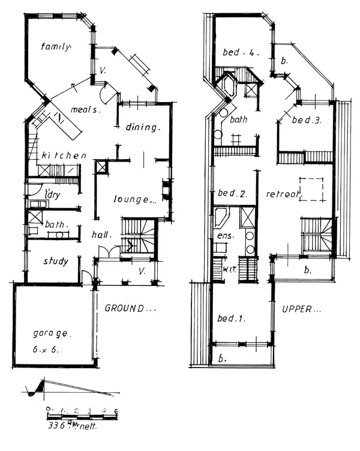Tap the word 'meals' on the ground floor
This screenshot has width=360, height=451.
(x=85, y=110)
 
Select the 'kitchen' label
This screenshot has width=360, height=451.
(x=64, y=156)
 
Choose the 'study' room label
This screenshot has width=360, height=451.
(x=55, y=262)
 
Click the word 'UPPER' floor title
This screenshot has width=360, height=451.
(x=300, y=310)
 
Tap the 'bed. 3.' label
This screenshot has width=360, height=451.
(x=307, y=121)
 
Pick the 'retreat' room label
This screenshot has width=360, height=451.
(x=278, y=194)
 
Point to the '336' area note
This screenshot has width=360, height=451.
(x=58, y=426)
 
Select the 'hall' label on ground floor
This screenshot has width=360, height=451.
(x=103, y=235)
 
